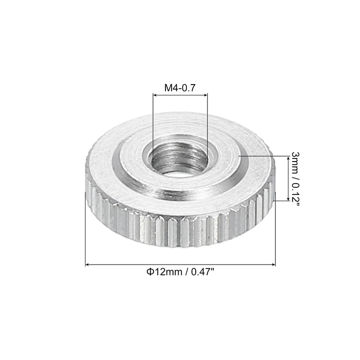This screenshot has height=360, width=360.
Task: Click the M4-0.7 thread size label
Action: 180,88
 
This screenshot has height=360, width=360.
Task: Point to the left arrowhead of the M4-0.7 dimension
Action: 155,95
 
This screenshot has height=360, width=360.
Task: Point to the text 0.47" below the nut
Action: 204,272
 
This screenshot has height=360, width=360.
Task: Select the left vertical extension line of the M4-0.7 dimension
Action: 153,126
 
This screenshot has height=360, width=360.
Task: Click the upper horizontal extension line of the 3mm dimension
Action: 265,156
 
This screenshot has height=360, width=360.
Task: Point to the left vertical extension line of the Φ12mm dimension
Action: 85,229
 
